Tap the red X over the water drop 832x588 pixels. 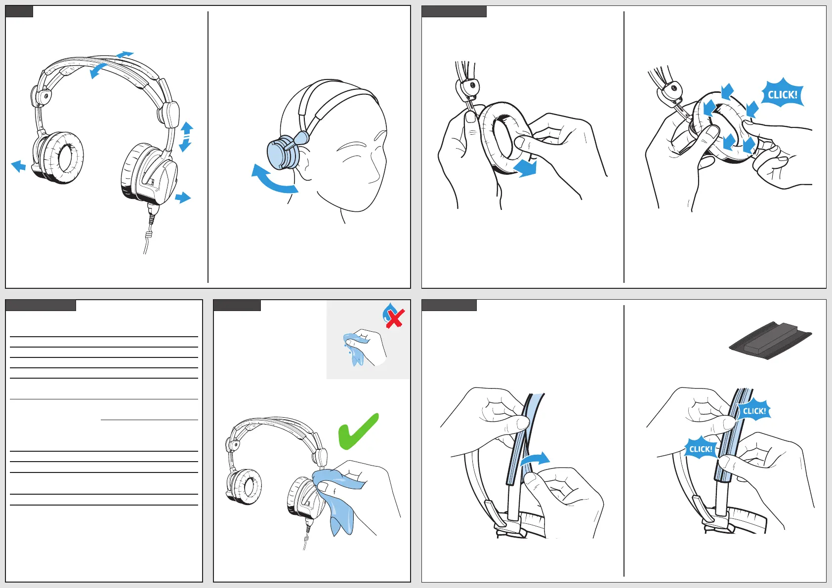[395, 318]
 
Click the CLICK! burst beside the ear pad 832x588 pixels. [783, 94]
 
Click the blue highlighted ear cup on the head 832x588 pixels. [283, 153]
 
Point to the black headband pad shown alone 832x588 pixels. [770, 340]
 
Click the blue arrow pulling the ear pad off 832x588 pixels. [525, 168]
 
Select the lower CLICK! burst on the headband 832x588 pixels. [701, 449]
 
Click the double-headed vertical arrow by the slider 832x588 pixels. [186, 137]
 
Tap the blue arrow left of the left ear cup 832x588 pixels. [18, 166]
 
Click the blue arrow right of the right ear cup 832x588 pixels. [183, 197]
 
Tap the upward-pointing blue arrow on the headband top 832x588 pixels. [125, 54]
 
